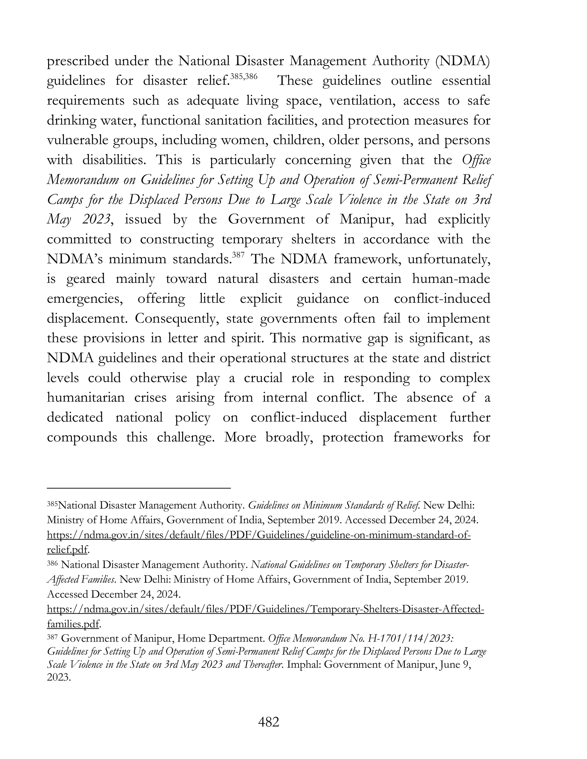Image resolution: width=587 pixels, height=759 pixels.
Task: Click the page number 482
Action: point(269,723)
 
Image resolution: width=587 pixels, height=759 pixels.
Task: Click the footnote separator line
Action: point(139,488)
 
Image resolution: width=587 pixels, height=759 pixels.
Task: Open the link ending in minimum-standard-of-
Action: point(258,535)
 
